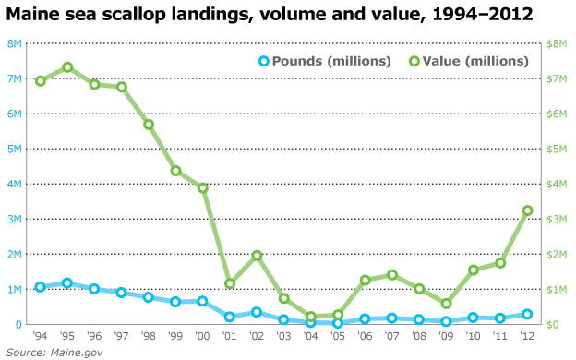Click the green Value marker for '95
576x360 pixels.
67,67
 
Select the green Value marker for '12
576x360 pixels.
527,210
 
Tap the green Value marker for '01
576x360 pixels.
230,283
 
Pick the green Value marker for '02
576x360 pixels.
257,256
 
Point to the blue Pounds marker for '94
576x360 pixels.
41,287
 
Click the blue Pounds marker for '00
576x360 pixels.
202,301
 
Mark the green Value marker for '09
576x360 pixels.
446,304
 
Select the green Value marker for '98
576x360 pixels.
149,125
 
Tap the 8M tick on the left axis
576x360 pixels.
15,43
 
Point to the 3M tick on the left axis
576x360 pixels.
15,219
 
